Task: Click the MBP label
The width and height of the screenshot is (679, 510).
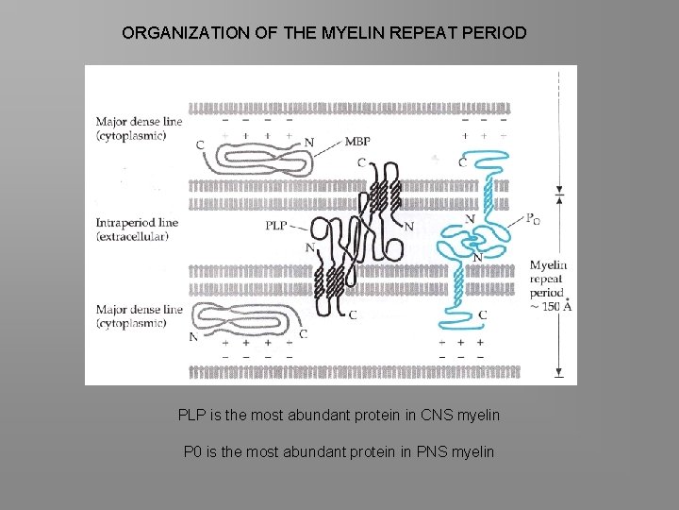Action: coord(357,142)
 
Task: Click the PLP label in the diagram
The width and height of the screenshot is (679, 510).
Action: coord(275,226)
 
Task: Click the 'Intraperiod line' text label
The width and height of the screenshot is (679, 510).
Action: coord(138,223)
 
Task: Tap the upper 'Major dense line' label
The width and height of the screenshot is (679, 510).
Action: coord(140,122)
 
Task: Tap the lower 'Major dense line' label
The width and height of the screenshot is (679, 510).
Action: coord(140,310)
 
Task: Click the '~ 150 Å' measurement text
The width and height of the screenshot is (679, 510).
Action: coord(551,307)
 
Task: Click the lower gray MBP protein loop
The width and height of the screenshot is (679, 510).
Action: coord(247,322)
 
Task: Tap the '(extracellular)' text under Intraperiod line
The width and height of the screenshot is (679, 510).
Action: coord(132,237)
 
